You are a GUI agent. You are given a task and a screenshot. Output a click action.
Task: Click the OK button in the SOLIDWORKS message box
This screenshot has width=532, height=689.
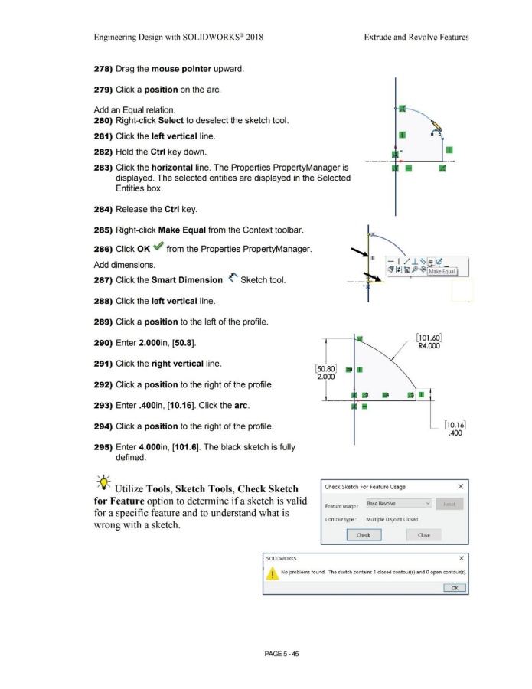tap(453, 587)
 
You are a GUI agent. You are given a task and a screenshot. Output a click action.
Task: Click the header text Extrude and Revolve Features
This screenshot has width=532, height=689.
tap(419, 36)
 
